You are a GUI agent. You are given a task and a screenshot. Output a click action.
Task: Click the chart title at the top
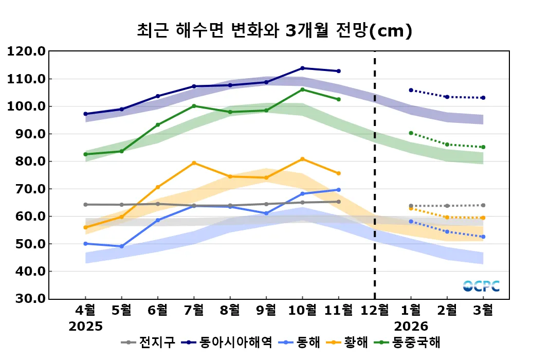(274, 30)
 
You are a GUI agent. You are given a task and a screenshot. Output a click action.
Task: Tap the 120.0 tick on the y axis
(26, 51)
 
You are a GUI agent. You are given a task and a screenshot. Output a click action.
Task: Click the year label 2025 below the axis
(85, 326)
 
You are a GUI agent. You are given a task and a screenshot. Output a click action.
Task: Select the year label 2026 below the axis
(411, 326)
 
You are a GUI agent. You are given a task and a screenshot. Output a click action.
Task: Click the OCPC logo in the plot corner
(481, 286)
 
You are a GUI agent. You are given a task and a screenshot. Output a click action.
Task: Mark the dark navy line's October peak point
(302, 68)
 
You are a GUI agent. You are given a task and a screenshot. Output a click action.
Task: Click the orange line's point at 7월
(194, 163)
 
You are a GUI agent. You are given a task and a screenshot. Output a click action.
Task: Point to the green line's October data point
(302, 89)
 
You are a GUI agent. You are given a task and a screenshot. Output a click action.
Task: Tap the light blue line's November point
(338, 190)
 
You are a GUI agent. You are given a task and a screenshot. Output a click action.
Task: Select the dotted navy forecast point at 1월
(411, 90)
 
